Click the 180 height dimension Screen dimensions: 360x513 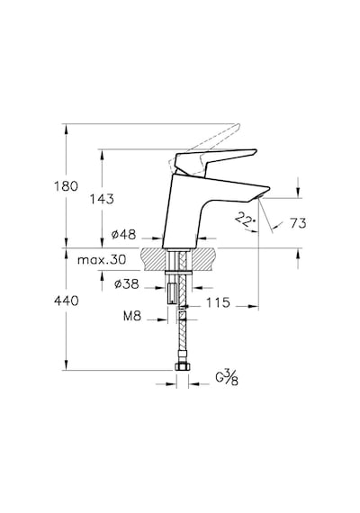[66, 186]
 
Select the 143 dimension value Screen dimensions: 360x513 [102, 199]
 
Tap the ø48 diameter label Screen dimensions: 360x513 [123, 234]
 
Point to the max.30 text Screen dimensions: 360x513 [102, 260]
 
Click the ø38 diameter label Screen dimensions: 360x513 [127, 283]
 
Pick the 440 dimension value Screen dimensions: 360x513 [66, 301]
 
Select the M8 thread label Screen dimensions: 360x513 [132, 316]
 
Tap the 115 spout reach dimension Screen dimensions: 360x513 [218, 302]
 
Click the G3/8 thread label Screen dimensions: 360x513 [227, 378]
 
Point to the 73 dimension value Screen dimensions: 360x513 [298, 223]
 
